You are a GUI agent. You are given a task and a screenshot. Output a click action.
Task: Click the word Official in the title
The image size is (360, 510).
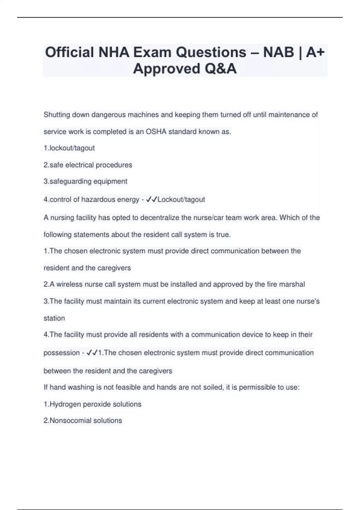point(69,52)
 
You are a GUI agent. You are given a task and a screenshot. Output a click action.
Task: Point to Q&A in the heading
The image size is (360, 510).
point(221,69)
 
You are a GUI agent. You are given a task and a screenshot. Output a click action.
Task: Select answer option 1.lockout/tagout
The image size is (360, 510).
point(69,148)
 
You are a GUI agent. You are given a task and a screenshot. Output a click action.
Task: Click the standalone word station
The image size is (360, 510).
point(54,318)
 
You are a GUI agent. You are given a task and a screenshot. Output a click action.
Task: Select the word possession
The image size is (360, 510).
point(61,353)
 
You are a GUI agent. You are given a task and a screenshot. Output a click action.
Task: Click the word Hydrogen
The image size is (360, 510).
point(65,404)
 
